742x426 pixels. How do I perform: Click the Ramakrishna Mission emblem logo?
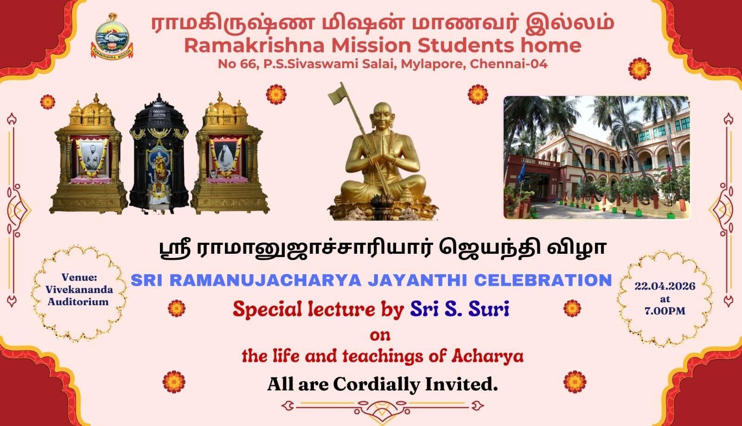point(112,37)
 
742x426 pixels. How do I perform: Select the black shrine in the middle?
point(159,153)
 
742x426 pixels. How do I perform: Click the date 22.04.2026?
point(665,286)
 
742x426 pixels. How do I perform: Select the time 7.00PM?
point(665,311)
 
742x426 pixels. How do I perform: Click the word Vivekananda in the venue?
point(79,289)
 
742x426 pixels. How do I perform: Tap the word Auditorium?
point(78,301)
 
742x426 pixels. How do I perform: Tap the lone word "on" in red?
point(380,336)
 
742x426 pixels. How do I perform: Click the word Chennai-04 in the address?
point(508,64)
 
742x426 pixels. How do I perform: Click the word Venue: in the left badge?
point(79,277)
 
